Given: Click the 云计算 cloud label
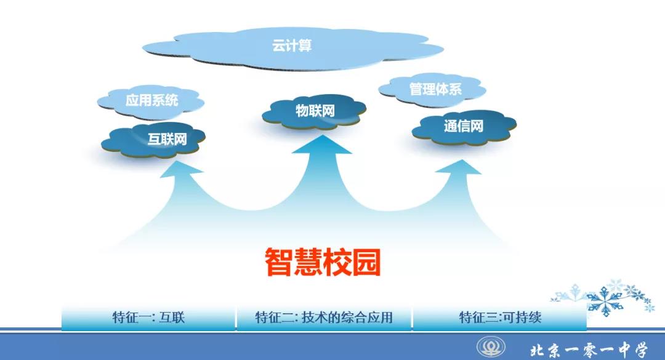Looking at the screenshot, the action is (x=292, y=46).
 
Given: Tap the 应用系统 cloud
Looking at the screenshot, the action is (x=151, y=101).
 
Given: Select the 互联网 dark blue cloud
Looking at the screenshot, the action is (x=153, y=139).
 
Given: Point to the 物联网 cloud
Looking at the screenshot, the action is (x=314, y=111).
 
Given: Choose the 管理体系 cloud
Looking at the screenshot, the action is (x=432, y=89).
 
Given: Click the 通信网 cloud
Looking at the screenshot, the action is (x=464, y=126).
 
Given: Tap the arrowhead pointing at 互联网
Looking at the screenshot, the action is (x=181, y=169).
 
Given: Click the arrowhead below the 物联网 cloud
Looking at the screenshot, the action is (x=322, y=144).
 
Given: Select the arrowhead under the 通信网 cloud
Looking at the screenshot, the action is (x=459, y=167).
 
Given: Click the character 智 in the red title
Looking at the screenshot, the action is (x=279, y=262).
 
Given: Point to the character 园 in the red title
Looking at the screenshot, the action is (x=366, y=262).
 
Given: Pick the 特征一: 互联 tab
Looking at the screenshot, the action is (x=148, y=317).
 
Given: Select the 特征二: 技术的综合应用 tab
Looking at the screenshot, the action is (x=324, y=317).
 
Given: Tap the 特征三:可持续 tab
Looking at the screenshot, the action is (x=499, y=317).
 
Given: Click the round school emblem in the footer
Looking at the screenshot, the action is (x=491, y=347).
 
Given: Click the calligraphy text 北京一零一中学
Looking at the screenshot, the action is (x=589, y=350).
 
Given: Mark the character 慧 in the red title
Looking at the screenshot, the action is (x=308, y=262).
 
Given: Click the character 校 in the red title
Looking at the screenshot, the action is (x=337, y=262).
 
